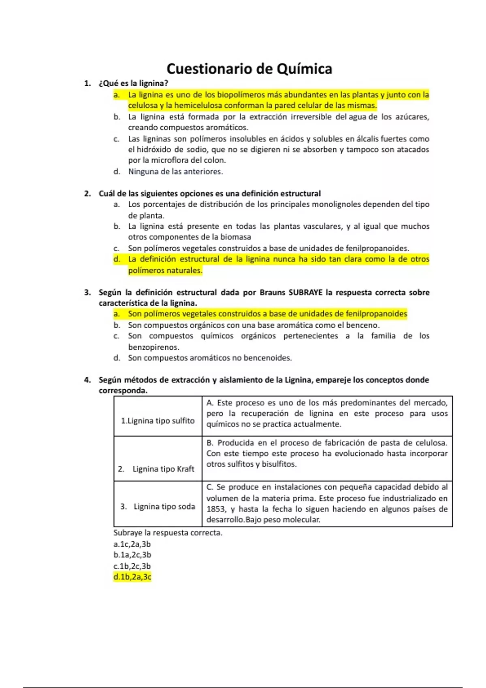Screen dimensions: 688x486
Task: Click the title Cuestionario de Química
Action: click(249, 69)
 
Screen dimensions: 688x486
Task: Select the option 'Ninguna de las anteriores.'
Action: click(175, 172)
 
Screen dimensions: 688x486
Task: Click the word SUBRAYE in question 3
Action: click(305, 292)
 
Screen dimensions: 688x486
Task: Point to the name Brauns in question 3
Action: click(272, 292)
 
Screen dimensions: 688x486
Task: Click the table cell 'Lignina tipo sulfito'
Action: click(158, 421)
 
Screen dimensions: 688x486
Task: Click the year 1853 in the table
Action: click(216, 509)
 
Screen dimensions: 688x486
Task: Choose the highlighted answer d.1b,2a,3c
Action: click(132, 577)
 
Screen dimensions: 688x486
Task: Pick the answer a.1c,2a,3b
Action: click(132, 544)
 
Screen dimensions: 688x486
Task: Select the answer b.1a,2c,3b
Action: click(132, 555)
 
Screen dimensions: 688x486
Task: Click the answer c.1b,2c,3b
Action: click(132, 566)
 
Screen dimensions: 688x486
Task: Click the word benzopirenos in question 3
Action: click(153, 347)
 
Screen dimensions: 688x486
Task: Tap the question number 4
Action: click(87, 380)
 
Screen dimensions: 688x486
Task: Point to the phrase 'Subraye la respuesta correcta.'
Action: click(168, 533)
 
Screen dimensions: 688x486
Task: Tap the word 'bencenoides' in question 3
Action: click(271, 358)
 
